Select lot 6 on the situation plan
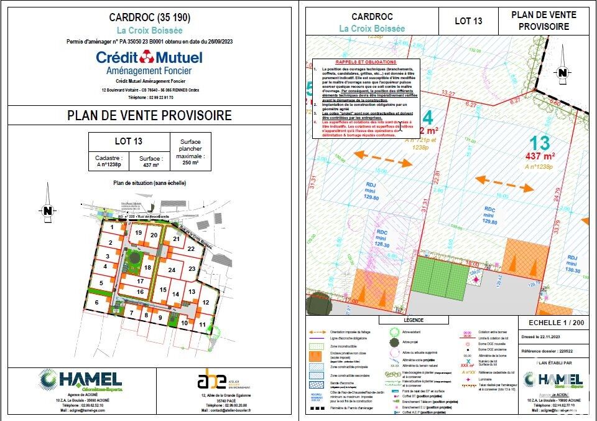click(97, 303)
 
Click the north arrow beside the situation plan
click(47, 210)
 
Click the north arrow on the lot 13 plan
click(562, 73)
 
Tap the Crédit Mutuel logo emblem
click(147, 57)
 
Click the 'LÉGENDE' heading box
click(414, 319)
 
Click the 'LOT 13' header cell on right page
click(468, 21)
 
